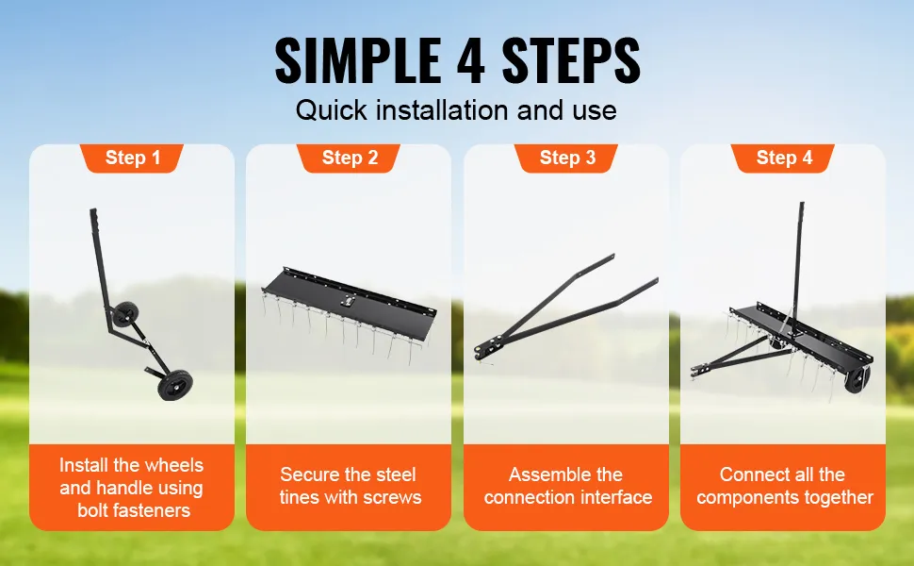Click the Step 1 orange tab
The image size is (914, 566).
tap(132, 158)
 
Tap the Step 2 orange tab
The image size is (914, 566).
tap(349, 158)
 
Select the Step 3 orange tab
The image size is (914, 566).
tap(566, 158)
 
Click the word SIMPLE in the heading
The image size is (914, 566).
tap(357, 60)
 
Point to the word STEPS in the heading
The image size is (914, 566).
tap(571, 60)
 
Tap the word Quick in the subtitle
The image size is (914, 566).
tap(331, 110)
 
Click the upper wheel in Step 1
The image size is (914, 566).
tap(124, 315)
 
